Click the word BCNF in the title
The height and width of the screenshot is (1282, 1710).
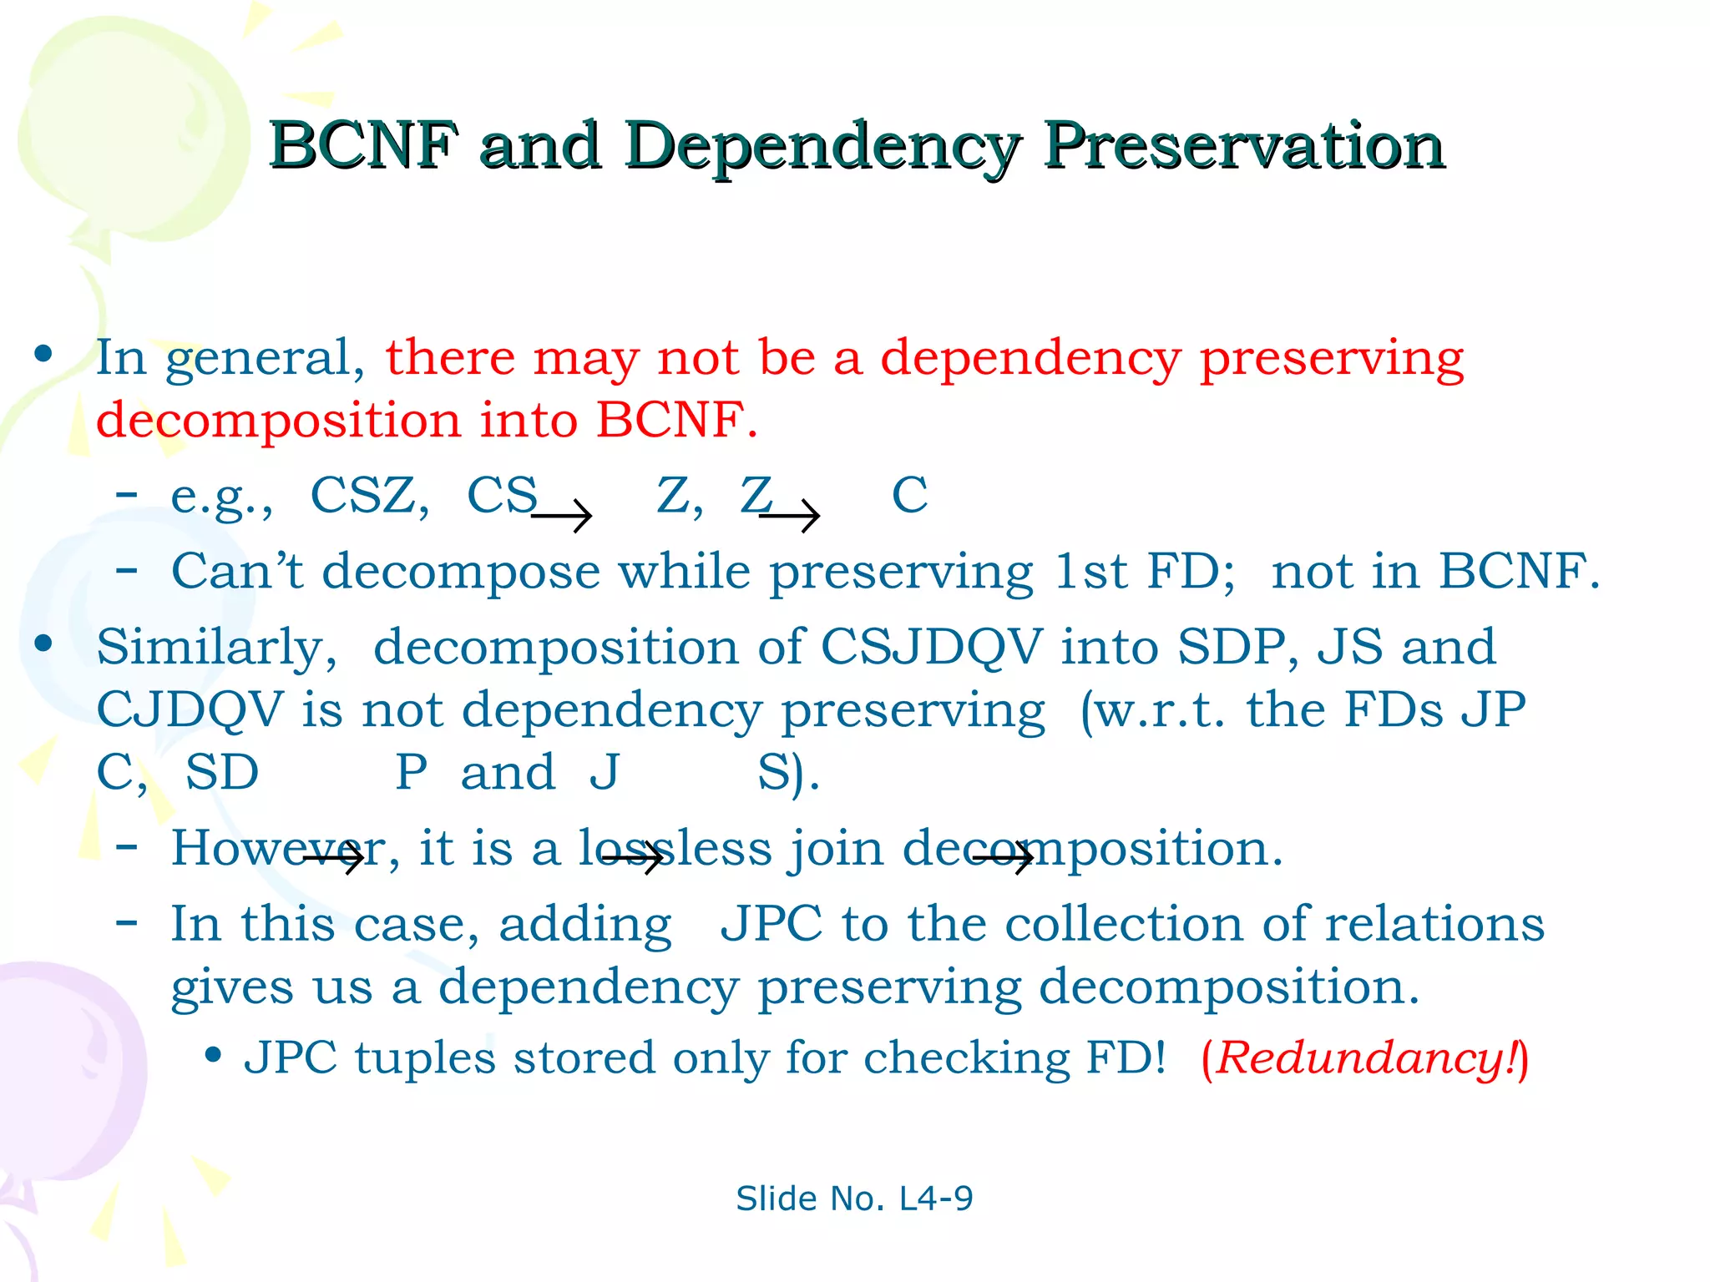click(x=363, y=146)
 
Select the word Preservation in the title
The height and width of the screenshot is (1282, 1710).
click(x=1243, y=146)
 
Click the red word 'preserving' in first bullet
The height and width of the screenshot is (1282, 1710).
click(x=1331, y=359)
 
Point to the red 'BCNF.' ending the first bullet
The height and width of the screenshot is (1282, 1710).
click(x=676, y=420)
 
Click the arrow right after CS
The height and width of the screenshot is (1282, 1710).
click(x=561, y=517)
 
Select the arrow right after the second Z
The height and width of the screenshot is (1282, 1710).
click(x=790, y=517)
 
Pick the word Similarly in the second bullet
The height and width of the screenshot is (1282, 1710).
click(x=216, y=649)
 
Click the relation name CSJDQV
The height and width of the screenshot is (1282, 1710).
click(x=931, y=648)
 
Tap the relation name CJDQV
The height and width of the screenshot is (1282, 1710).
click(x=190, y=710)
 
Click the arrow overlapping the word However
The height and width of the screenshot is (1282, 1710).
click(x=334, y=858)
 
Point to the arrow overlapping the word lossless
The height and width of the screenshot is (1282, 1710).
click(x=632, y=858)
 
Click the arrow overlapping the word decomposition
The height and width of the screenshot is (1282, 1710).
click(x=1004, y=858)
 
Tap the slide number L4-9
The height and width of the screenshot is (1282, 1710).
click(x=935, y=1199)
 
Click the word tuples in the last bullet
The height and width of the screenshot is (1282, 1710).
click(x=425, y=1058)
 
